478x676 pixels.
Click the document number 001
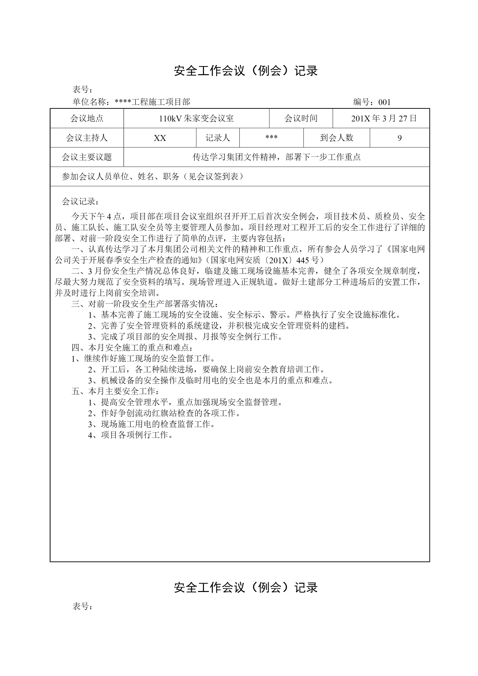[x=384, y=102]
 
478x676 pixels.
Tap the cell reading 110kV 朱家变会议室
[x=196, y=118]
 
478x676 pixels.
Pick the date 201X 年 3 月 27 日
[x=384, y=118]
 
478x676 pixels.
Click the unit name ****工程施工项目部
[x=152, y=102]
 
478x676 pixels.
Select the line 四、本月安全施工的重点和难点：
[x=133, y=348]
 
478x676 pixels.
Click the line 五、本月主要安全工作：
[x=116, y=391]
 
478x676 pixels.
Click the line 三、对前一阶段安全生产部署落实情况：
[x=145, y=304]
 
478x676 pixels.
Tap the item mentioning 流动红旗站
[x=165, y=413]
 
